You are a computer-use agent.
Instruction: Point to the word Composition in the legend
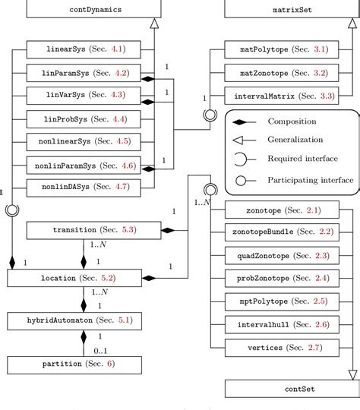tap(292, 121)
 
